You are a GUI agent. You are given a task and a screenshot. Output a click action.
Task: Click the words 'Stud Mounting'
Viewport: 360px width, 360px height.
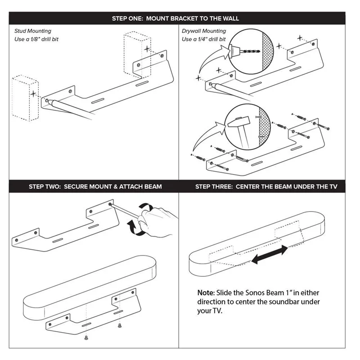32,31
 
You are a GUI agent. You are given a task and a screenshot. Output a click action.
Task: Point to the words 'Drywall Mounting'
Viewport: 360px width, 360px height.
204,31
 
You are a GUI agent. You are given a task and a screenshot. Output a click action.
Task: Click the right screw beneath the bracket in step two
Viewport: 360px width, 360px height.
119,325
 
